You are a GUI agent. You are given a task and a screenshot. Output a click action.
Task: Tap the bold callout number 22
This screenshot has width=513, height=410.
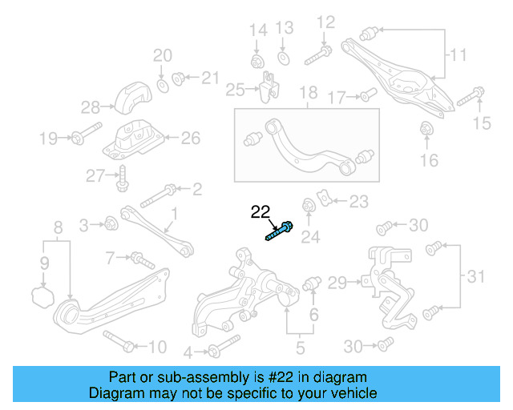pos(261,211)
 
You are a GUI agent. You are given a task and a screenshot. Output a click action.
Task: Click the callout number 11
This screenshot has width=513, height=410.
pos(457,55)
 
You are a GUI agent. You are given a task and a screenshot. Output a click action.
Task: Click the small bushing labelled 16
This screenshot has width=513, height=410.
pos(426,128)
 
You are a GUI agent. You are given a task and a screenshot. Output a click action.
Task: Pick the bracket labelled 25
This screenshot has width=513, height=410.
pos(269,86)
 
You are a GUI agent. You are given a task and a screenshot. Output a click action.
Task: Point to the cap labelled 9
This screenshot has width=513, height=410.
pos(42,299)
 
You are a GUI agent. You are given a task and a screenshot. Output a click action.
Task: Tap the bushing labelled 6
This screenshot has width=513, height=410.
pos(313,283)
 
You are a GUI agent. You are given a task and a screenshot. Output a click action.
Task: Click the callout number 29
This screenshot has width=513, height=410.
pos(337,282)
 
